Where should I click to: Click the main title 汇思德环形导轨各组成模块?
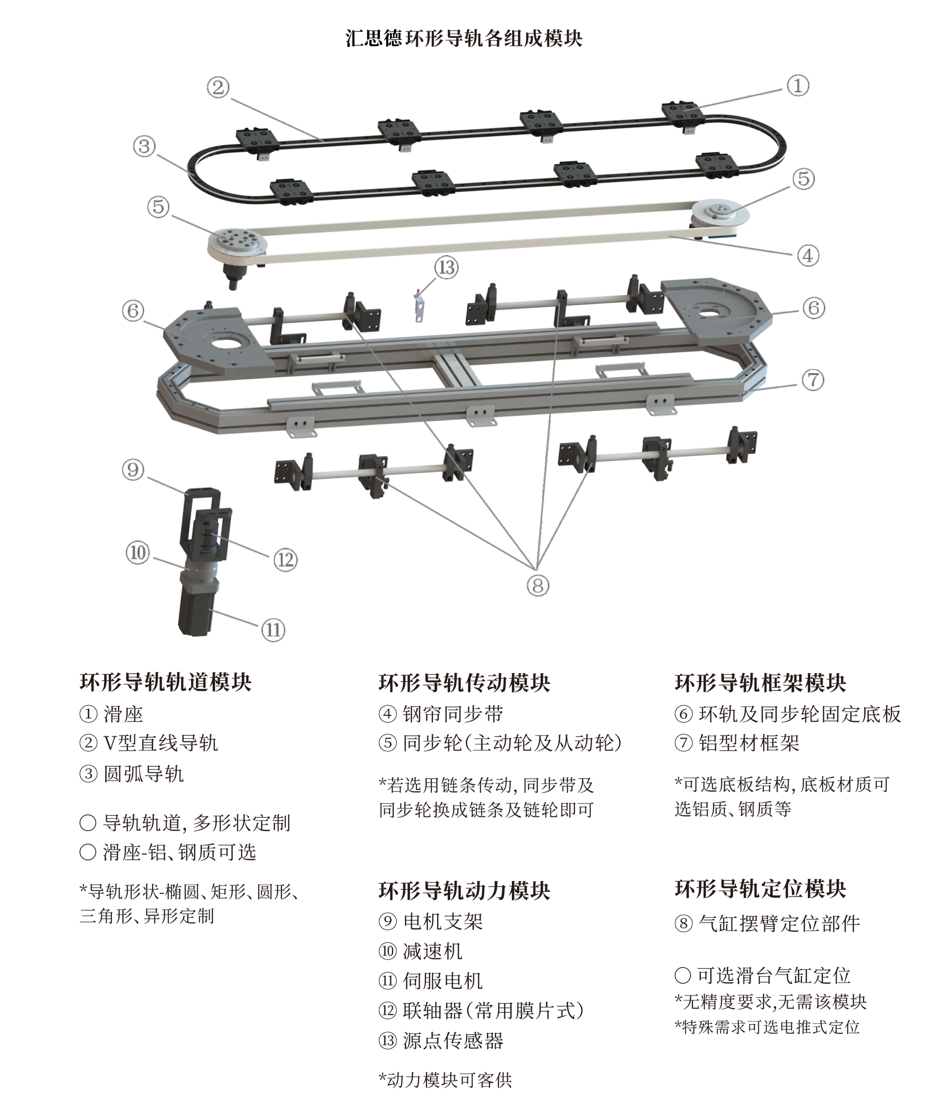463,39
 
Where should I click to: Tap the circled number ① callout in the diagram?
797,85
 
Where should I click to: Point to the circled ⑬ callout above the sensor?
446,267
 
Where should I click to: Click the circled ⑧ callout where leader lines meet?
537,585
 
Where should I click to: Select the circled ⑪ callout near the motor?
273,629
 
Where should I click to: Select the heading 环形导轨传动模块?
463,683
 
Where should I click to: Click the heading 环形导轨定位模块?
760,889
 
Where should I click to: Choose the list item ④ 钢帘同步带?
441,714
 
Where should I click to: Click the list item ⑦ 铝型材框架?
737,743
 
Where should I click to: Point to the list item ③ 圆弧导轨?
132,774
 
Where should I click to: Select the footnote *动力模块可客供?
445,1079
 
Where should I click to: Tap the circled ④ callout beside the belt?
807,255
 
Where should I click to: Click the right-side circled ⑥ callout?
813,308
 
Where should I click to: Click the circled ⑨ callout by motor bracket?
133,469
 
